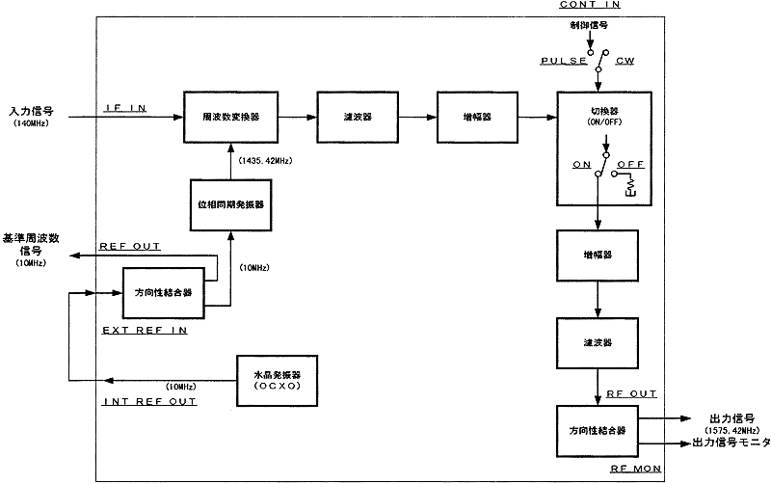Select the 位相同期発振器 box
[x=228, y=205]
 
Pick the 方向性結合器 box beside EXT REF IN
[x=164, y=292]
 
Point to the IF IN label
[x=124, y=108]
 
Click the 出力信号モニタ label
[x=729, y=443]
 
